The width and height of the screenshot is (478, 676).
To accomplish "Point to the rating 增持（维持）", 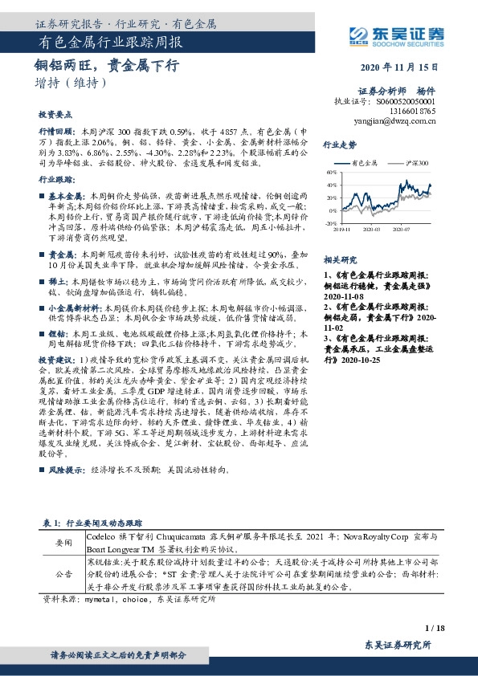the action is [x=71, y=82].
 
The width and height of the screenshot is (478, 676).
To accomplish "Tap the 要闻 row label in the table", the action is [x=63, y=544].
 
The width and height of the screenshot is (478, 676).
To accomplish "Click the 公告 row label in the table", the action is [x=63, y=575].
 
